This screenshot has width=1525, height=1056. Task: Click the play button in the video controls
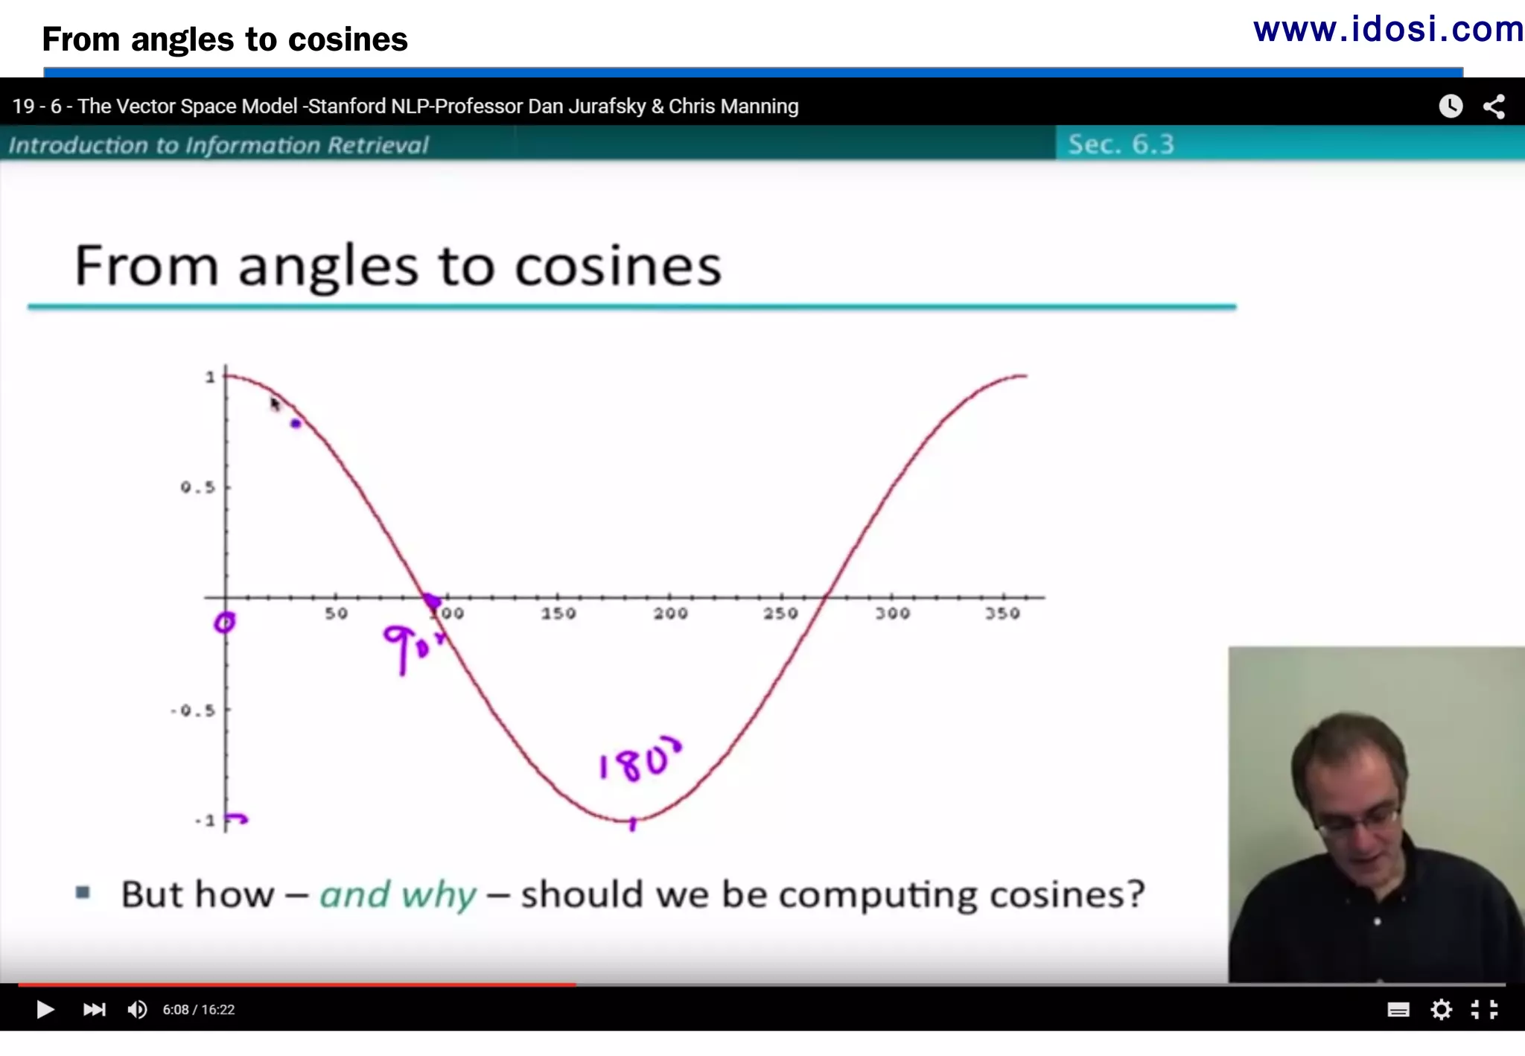45,1009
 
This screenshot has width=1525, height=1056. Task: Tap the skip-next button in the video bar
94,1009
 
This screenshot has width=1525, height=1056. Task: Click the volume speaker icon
137,1009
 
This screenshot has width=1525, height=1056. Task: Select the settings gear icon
1442,1009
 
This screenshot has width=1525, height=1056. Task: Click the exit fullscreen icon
1484,1009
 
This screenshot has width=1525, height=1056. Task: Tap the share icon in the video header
1494,106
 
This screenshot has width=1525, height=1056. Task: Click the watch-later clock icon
1451,106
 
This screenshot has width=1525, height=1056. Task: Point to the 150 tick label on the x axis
558,613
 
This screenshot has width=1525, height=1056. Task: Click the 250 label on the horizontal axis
780,613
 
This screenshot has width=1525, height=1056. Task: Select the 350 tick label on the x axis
1002,613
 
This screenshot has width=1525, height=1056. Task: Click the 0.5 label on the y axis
198,487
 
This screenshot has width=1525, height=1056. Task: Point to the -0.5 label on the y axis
194,710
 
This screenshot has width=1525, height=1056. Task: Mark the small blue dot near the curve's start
296,424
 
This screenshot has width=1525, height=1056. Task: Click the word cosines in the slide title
618,266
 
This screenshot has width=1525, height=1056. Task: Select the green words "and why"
398,894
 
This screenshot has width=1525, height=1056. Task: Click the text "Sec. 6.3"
1121,144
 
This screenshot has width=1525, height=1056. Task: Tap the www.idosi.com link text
1388,30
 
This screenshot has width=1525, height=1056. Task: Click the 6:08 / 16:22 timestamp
199,1010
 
